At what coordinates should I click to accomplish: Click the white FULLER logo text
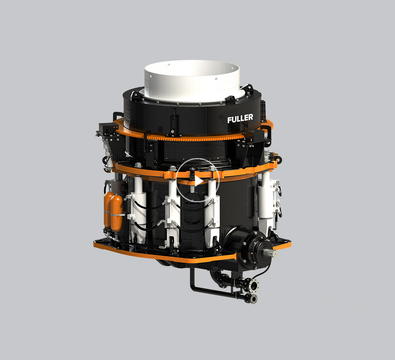pyautogui.click(x=240, y=118)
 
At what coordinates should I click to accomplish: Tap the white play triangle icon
pyautogui.click(x=199, y=181)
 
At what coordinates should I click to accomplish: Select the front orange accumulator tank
pyautogui.click(x=117, y=213)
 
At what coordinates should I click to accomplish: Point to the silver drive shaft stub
pyautogui.click(x=271, y=252)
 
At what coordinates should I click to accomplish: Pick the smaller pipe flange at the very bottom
pyautogui.click(x=253, y=299)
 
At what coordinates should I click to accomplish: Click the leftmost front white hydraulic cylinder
pyautogui.click(x=137, y=209)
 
